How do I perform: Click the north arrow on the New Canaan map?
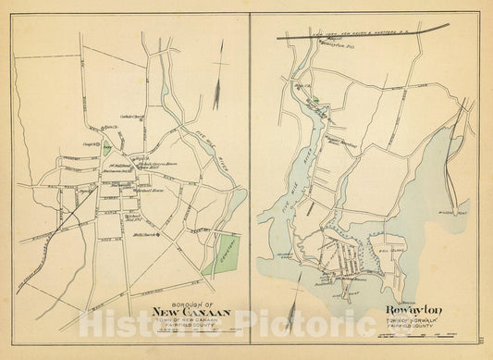216,93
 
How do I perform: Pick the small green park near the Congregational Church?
108,145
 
